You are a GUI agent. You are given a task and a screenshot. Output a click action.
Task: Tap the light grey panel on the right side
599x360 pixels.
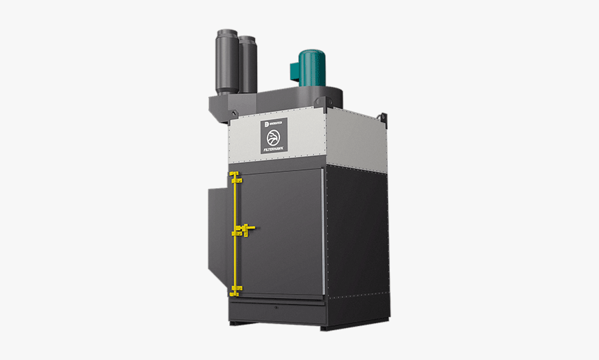click(x=355, y=139)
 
